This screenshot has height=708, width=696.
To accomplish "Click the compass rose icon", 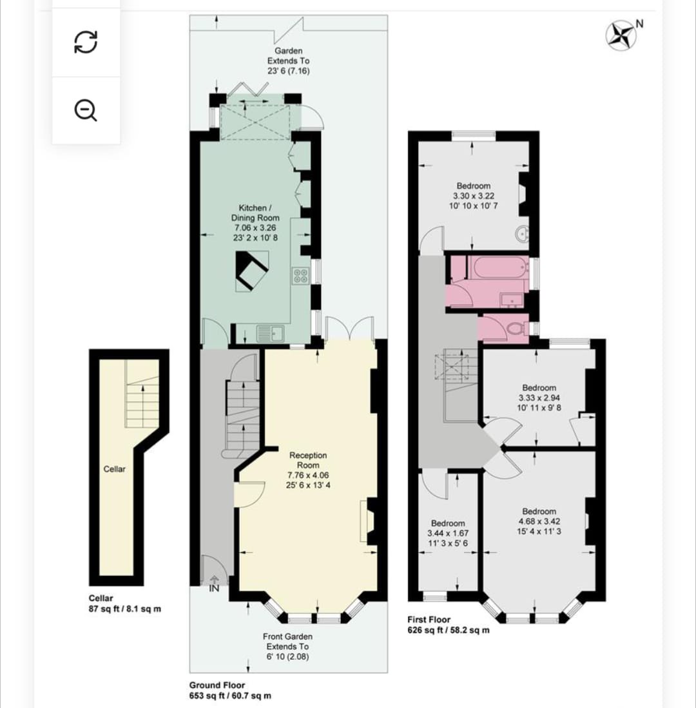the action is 621,35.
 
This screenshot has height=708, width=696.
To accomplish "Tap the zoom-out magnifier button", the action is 85,110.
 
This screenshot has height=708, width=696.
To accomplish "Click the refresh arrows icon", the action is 85,42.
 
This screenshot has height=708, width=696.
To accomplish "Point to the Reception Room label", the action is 308,460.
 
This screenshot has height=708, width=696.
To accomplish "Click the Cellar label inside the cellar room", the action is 114,469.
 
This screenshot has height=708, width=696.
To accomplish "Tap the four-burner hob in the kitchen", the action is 300,276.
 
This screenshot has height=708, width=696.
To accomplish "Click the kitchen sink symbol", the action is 270,333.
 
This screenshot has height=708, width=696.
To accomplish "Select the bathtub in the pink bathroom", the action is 499,267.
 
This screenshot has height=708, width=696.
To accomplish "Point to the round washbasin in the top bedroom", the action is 523,234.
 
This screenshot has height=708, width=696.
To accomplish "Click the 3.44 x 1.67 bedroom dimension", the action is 448,533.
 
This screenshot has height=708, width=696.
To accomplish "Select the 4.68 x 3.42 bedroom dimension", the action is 539,522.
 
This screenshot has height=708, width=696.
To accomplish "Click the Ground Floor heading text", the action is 217,685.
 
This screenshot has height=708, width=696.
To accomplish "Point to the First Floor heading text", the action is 429,620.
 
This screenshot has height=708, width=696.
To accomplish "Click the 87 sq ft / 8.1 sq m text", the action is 124,609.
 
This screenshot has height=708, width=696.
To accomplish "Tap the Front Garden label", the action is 287,636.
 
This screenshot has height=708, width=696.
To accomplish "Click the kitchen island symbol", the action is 252,271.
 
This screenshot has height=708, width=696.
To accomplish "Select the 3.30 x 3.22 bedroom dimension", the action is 474,196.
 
